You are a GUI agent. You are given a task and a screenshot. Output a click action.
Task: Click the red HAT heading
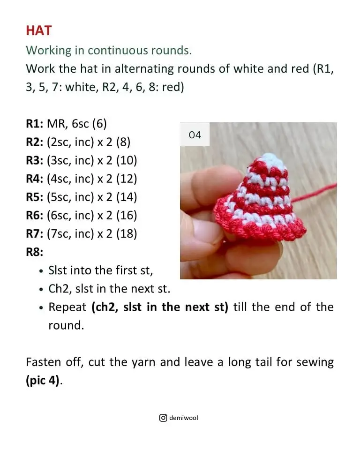[39, 30]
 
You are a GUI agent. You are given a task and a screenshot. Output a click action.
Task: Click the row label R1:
[35, 124]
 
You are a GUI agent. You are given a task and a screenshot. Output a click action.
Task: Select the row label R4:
[35, 179]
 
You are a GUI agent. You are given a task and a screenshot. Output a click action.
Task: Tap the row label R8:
[35, 252]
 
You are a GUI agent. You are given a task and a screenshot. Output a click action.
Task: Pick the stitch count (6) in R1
[99, 124]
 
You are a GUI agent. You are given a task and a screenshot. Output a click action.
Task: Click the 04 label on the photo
[195, 135]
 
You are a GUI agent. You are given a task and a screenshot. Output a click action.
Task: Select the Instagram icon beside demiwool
[163, 418]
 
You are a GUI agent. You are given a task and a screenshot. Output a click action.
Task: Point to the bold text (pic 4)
[43, 380]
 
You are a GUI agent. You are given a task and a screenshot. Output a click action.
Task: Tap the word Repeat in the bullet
[67, 307]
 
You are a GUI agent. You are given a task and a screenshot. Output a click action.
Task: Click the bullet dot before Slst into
[42, 271]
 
